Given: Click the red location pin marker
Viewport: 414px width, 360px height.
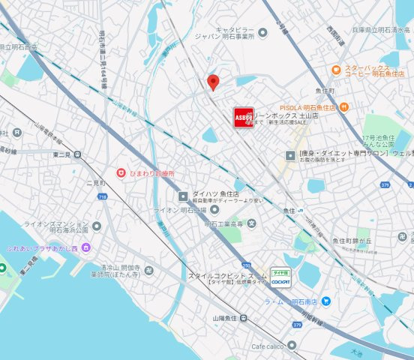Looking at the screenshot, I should click(x=213, y=82).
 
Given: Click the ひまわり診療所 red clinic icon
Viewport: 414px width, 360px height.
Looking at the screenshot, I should click(x=120, y=173).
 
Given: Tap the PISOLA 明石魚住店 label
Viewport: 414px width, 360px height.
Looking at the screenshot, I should click(x=311, y=108).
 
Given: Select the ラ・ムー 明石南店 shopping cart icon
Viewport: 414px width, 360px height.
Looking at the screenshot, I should click(x=326, y=301).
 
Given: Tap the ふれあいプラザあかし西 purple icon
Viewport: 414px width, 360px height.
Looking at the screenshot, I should click(x=87, y=247).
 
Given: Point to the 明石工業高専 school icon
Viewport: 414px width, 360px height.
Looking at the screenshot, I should click(x=252, y=223).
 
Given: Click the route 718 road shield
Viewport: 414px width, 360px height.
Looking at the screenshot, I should click(x=103, y=196).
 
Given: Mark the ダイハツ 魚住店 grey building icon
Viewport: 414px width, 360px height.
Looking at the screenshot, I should click(x=182, y=196).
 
